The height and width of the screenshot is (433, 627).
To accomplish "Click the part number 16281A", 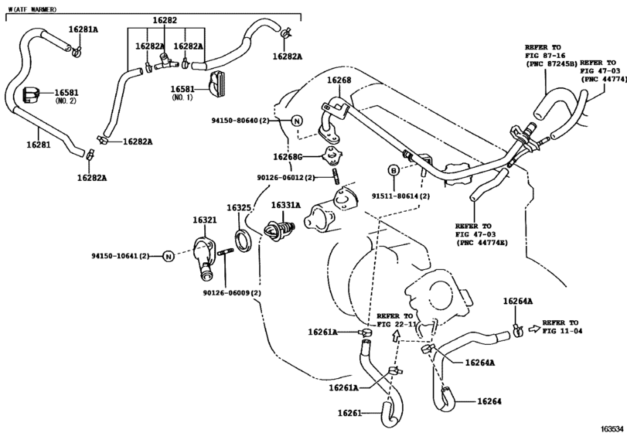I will [83, 29].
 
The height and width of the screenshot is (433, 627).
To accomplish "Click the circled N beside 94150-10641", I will [167, 256].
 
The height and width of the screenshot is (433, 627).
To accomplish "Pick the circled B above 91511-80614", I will [393, 169].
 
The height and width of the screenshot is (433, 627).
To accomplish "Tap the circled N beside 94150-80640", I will [296, 121].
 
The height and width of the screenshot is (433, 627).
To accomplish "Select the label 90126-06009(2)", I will [232, 293].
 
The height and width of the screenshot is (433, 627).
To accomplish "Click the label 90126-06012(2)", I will [285, 177].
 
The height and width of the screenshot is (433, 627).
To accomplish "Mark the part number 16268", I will [339, 80].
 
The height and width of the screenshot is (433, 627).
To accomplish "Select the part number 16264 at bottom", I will [490, 401].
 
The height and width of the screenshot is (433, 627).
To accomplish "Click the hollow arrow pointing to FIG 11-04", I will [535, 329].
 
